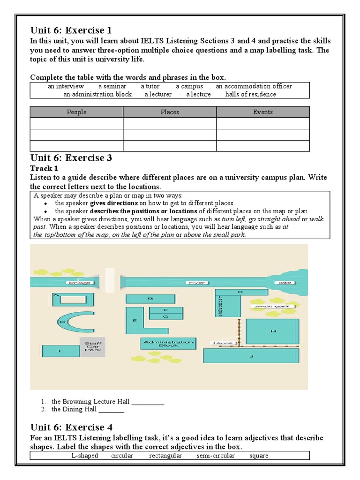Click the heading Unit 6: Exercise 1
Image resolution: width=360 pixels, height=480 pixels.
click(71, 31)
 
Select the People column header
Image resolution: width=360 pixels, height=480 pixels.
click(76, 112)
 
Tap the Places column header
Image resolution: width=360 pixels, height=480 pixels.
click(170, 112)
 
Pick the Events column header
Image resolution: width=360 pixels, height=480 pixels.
click(262, 112)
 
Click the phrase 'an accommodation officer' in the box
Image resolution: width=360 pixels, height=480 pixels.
click(254, 86)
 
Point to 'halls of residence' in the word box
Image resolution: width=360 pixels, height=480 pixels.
click(250, 94)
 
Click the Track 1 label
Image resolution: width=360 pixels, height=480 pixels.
click(44, 168)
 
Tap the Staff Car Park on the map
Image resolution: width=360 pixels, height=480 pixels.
click(92, 347)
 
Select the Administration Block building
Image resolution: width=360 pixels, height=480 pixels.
click(168, 343)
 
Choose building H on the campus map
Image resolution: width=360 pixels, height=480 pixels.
click(272, 331)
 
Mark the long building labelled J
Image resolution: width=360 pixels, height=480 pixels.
click(251, 356)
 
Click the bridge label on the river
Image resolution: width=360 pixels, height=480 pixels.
click(78, 283)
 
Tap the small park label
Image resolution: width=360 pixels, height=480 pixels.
click(273, 306)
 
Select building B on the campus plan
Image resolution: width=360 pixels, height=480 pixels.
click(150, 299)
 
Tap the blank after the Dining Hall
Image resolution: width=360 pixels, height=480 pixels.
click(112, 410)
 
